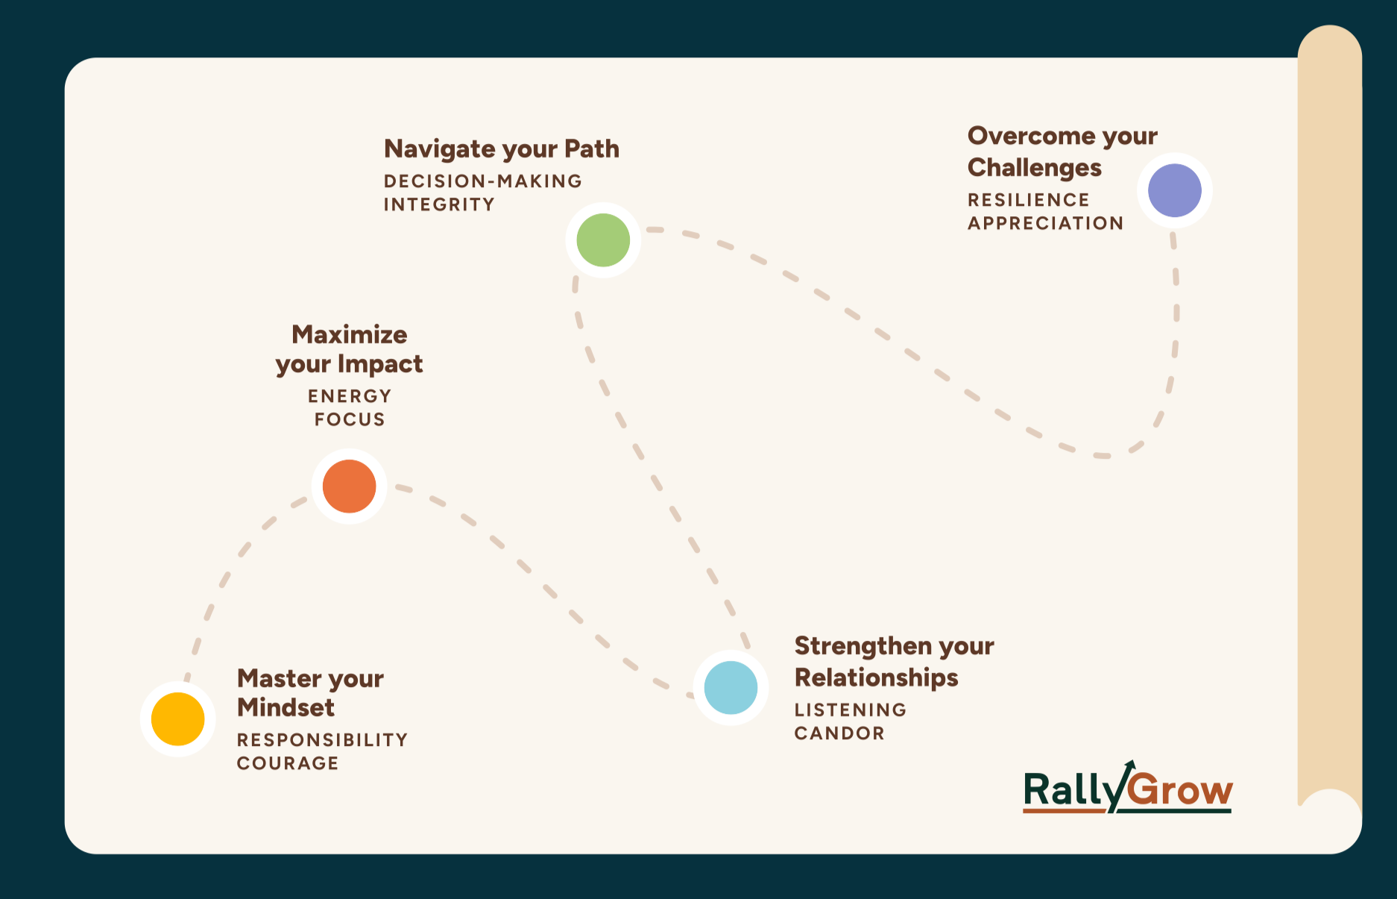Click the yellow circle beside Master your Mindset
[x=177, y=718]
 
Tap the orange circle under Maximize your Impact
[x=349, y=486]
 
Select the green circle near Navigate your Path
[x=603, y=240]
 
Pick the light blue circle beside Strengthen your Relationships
[x=731, y=687]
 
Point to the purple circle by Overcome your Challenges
[x=1174, y=190]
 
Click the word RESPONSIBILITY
[x=322, y=740]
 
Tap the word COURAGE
[x=288, y=763]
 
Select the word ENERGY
[x=350, y=396]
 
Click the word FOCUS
[x=350, y=419]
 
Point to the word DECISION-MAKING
[x=483, y=181]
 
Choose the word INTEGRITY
[x=439, y=204]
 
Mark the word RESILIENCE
[x=1029, y=200]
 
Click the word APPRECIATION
[x=1045, y=223]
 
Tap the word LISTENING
[x=851, y=710]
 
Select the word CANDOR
[x=839, y=733]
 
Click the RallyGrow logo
[x=1127, y=789]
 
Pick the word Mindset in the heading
[x=286, y=707]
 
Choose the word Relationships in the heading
[x=876, y=677]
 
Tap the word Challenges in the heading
[x=1034, y=168]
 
